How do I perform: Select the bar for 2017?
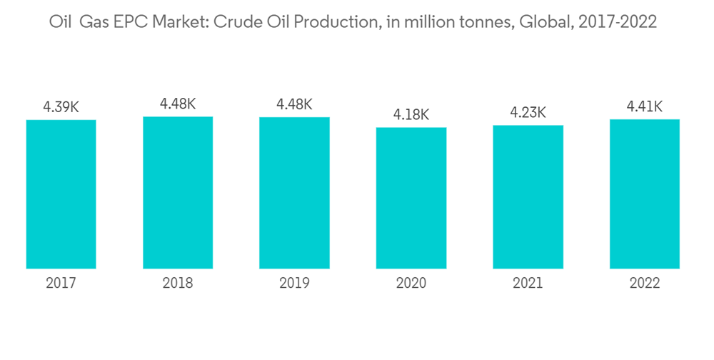click(61, 194)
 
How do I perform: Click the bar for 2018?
click(178, 192)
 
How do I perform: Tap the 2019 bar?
click(294, 193)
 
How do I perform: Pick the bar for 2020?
click(411, 198)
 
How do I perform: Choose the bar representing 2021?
click(528, 197)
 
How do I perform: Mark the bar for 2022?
click(645, 194)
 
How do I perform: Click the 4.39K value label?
click(61, 107)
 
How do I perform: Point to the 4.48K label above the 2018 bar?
click(178, 104)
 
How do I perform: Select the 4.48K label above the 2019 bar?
click(294, 104)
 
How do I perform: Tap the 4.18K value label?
click(411, 114)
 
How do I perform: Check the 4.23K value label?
click(528, 112)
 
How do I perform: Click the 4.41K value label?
click(645, 107)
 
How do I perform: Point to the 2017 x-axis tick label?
click(61, 284)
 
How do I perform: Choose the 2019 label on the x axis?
click(294, 284)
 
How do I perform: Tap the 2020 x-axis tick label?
click(411, 284)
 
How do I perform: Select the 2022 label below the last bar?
click(645, 284)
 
